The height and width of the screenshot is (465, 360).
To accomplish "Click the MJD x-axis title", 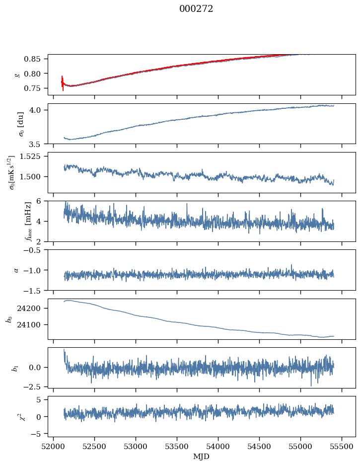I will click(x=202, y=456).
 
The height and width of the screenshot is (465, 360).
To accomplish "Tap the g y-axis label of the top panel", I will click(x=17, y=75).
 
